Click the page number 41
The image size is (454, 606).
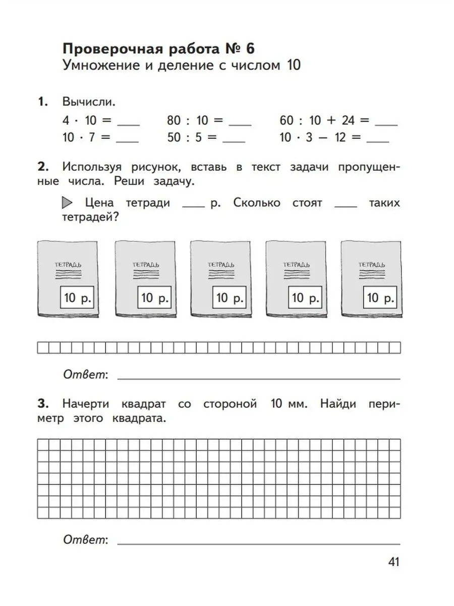point(393,562)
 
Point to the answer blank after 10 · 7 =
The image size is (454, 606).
point(127,141)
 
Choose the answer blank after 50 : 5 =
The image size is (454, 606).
point(234,141)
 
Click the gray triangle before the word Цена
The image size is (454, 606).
point(67,203)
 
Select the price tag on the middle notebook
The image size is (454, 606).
point(229,298)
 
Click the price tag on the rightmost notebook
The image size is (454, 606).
point(380,298)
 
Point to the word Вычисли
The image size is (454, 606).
point(89,102)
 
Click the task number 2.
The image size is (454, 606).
point(42,167)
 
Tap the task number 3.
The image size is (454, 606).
point(42,404)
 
